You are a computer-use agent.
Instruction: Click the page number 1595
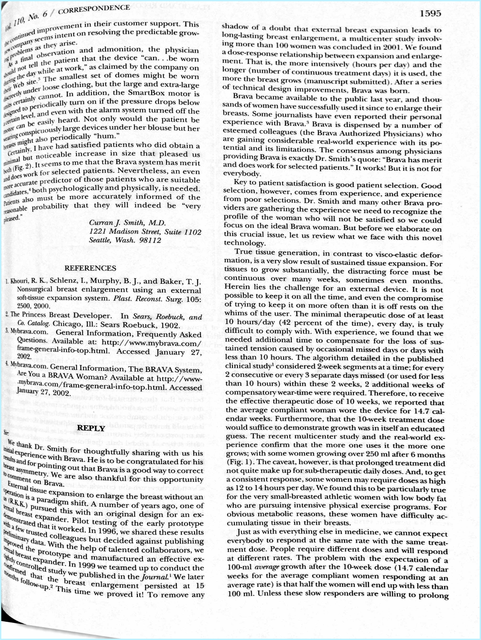coord(430,13)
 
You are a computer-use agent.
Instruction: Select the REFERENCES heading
coord(90,268)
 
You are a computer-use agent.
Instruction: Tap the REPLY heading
coord(92,429)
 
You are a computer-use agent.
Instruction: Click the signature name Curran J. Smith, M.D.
coord(127,223)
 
